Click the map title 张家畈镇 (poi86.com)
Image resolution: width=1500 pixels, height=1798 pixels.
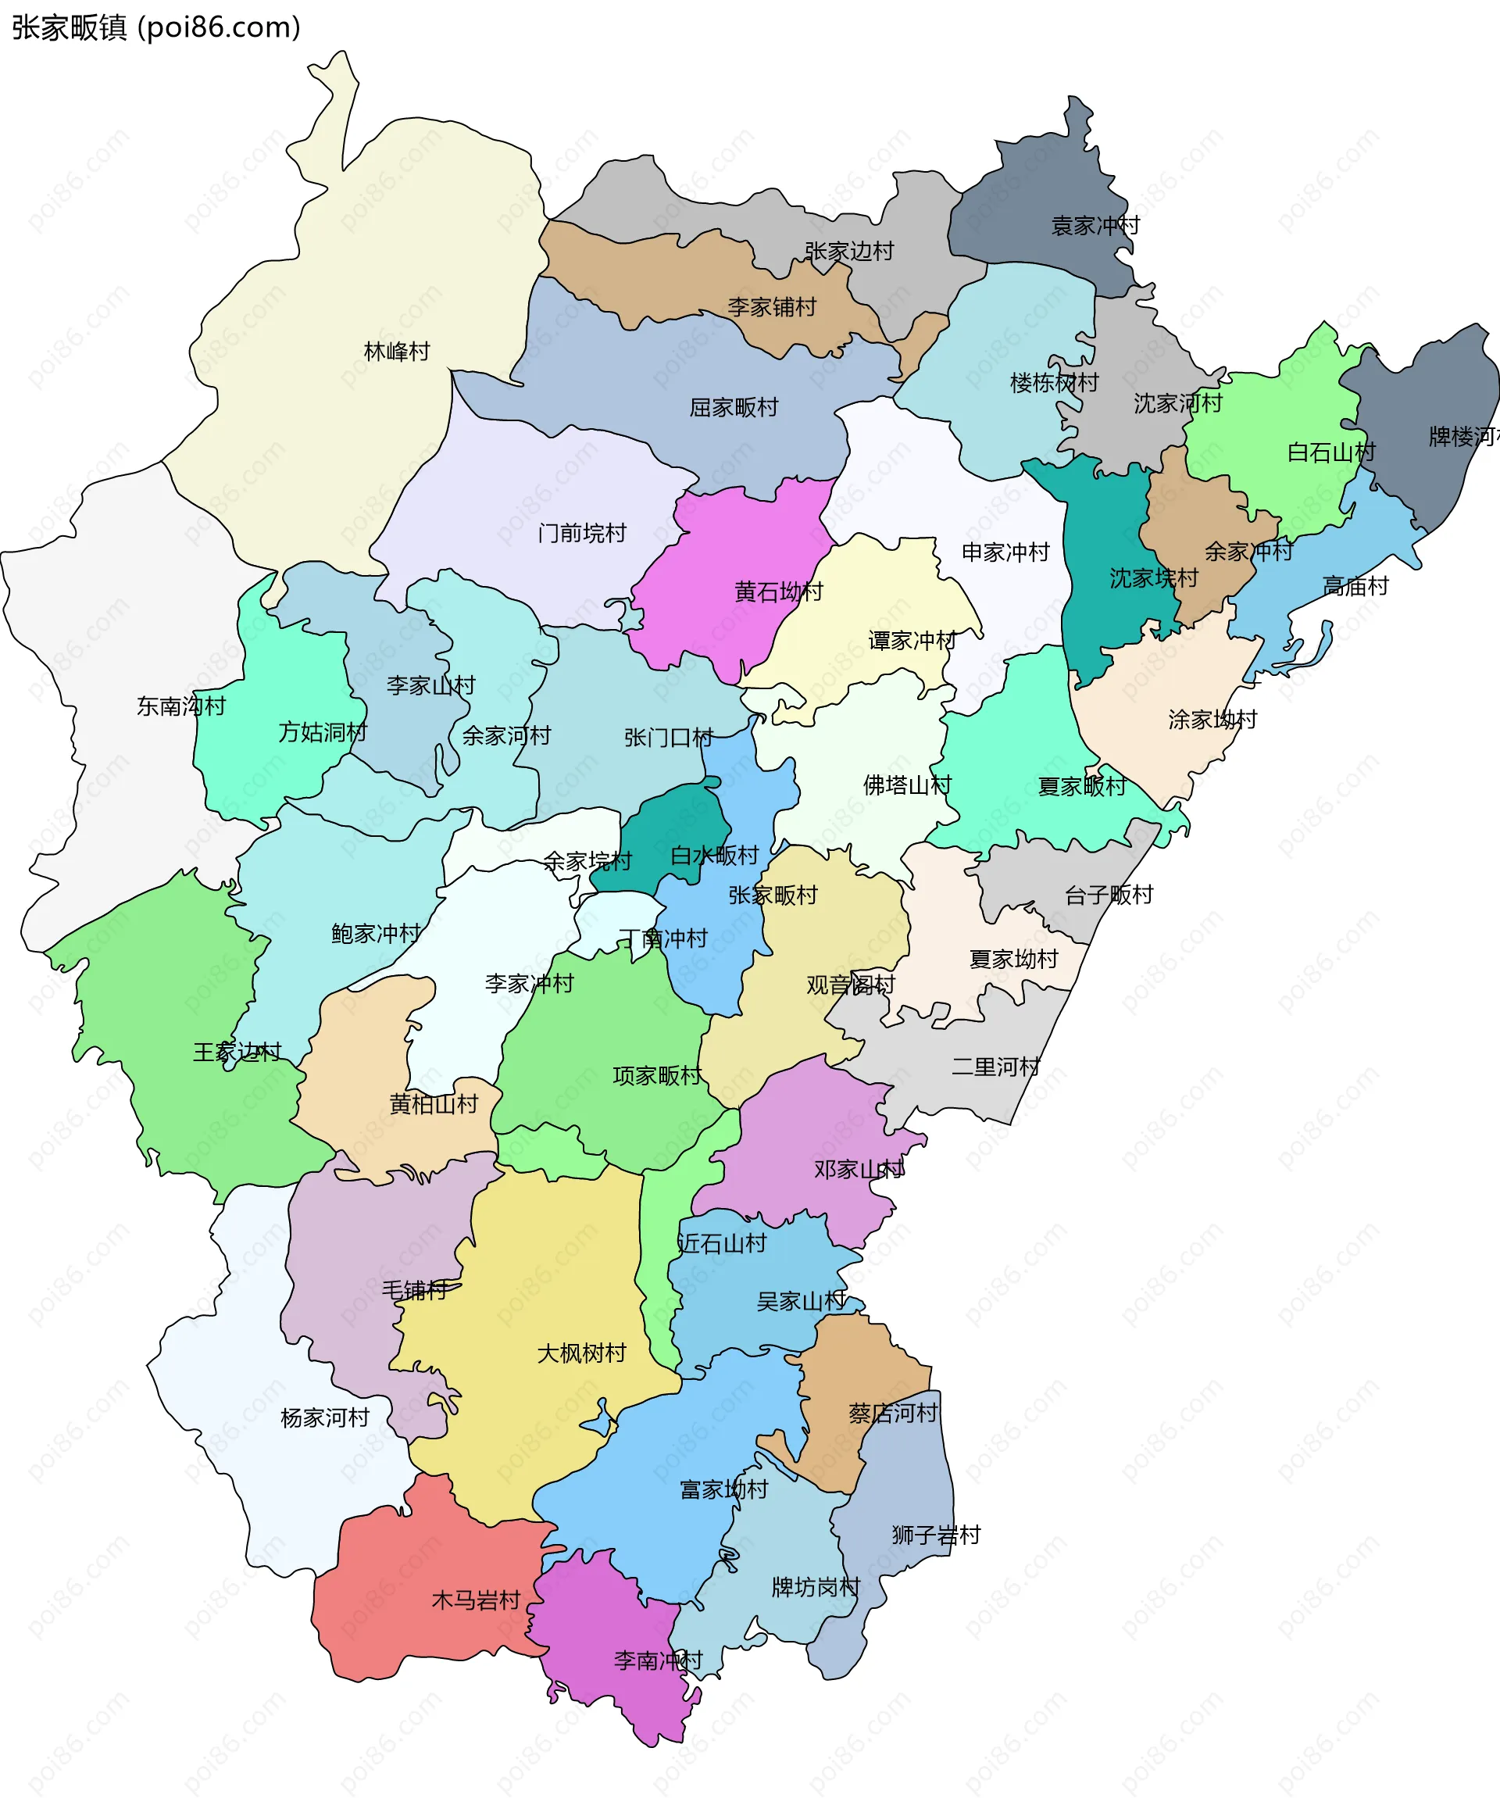(155, 27)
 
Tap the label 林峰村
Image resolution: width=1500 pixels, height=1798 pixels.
(396, 352)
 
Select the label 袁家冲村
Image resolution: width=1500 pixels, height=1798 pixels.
(1095, 226)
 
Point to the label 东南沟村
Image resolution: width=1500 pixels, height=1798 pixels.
(180, 706)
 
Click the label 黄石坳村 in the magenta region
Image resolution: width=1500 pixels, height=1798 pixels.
(778, 592)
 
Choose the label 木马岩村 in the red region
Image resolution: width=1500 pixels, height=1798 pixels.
(475, 1600)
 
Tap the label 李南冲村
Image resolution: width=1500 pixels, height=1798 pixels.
(658, 1660)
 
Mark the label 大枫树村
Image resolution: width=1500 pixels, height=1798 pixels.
(581, 1353)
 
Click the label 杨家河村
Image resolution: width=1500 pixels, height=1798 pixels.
(324, 1418)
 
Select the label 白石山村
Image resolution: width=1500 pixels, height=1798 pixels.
(1330, 452)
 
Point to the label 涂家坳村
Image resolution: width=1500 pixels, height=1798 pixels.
(1212, 719)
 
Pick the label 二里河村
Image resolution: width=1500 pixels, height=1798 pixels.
(996, 1067)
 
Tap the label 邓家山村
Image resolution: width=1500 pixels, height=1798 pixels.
(858, 1169)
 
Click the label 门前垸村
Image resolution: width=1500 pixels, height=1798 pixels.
(582, 534)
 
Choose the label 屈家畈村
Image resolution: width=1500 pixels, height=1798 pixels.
(734, 408)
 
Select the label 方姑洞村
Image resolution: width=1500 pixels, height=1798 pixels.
(322, 732)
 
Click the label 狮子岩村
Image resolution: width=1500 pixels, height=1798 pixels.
(936, 1535)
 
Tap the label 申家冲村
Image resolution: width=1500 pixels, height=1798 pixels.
(1005, 552)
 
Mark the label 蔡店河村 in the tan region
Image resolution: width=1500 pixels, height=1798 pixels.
(893, 1414)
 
